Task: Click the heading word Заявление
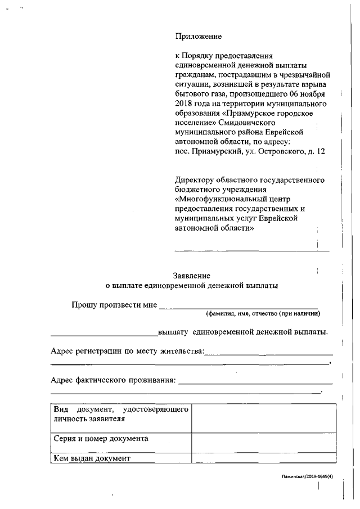click(192, 276)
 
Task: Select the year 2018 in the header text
click(186, 103)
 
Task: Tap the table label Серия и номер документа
click(101, 439)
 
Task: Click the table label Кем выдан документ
click(92, 458)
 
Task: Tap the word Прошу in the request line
click(83, 305)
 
